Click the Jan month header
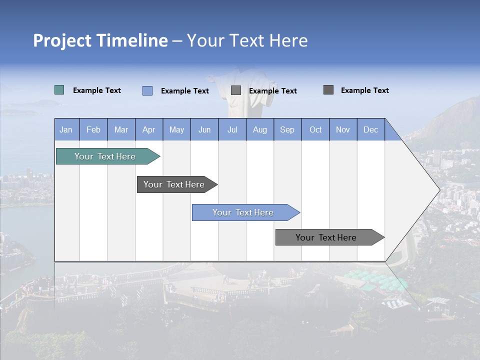(66, 129)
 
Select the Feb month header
(93, 129)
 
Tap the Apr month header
(149, 129)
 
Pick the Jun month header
(204, 129)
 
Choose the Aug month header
(260, 129)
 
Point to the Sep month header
(287, 129)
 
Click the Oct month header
(315, 129)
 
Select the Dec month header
(371, 129)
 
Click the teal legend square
(59, 90)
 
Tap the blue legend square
(147, 90)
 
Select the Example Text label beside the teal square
(97, 90)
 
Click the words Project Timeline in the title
(100, 40)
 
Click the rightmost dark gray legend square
(328, 90)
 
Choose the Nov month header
(343, 129)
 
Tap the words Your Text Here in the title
(247, 40)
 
